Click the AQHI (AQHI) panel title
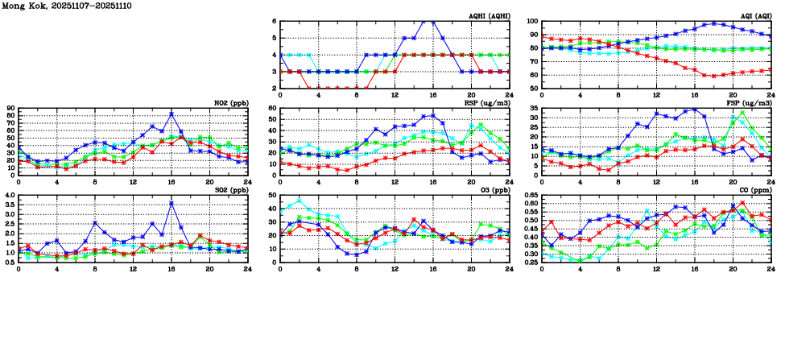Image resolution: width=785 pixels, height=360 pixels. (x=489, y=16)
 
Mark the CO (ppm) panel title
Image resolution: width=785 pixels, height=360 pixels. (x=753, y=190)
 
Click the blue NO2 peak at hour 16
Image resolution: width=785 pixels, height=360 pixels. (x=171, y=114)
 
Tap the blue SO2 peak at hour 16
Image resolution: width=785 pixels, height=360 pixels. (x=171, y=203)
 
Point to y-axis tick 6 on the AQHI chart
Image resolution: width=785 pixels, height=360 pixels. (x=274, y=22)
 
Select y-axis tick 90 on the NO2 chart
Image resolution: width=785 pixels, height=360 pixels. (x=10, y=108)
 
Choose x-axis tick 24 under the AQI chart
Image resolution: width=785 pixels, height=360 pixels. (x=771, y=94)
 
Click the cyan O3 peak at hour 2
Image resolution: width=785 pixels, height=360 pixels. (x=300, y=201)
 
